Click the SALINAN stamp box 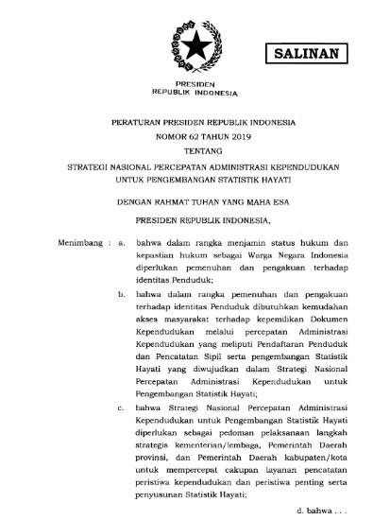[x=304, y=54]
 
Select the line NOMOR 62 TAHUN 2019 [x=195, y=136]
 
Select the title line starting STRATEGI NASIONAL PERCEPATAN [x=195, y=163]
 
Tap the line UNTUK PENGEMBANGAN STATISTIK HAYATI [x=195, y=176]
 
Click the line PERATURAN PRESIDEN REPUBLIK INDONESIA [x=195, y=123]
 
